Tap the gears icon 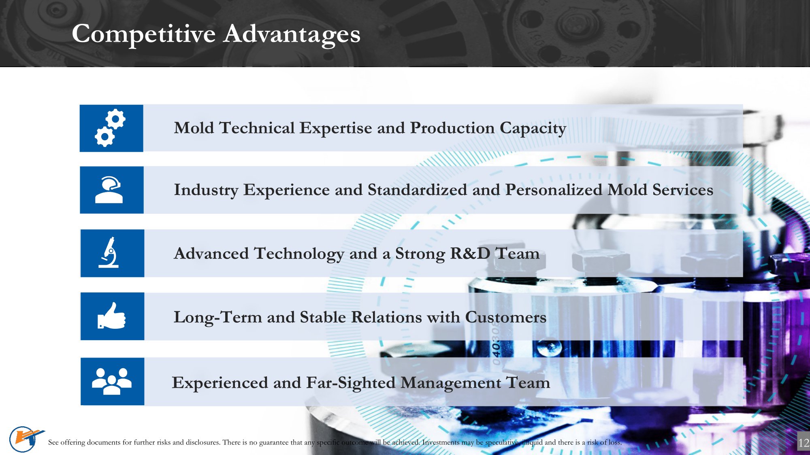pos(110,128)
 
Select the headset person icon pos(109,190)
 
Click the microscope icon pos(109,252)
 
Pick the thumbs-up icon pos(111,315)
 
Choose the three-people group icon pos(112,381)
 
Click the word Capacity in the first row pos(533,129)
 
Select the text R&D pos(470,253)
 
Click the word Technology pos(299,254)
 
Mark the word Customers pos(506,317)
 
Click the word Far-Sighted pos(351,383)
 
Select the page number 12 pos(804,443)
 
